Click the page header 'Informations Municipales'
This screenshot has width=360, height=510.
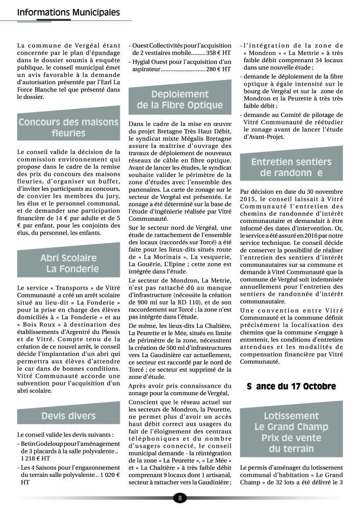(69, 12)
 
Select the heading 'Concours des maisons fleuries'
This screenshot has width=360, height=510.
(68, 127)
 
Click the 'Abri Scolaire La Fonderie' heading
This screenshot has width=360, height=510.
(68, 263)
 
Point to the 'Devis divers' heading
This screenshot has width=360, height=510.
(68, 416)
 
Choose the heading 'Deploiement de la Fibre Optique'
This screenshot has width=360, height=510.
(180, 100)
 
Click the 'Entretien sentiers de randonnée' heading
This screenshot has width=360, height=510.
(291, 167)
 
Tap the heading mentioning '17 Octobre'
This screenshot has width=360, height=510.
(291, 386)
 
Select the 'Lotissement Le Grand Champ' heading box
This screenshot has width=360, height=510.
(291, 432)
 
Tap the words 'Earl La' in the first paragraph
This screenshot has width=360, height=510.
(109, 82)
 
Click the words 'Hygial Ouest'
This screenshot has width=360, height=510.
(151, 61)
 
